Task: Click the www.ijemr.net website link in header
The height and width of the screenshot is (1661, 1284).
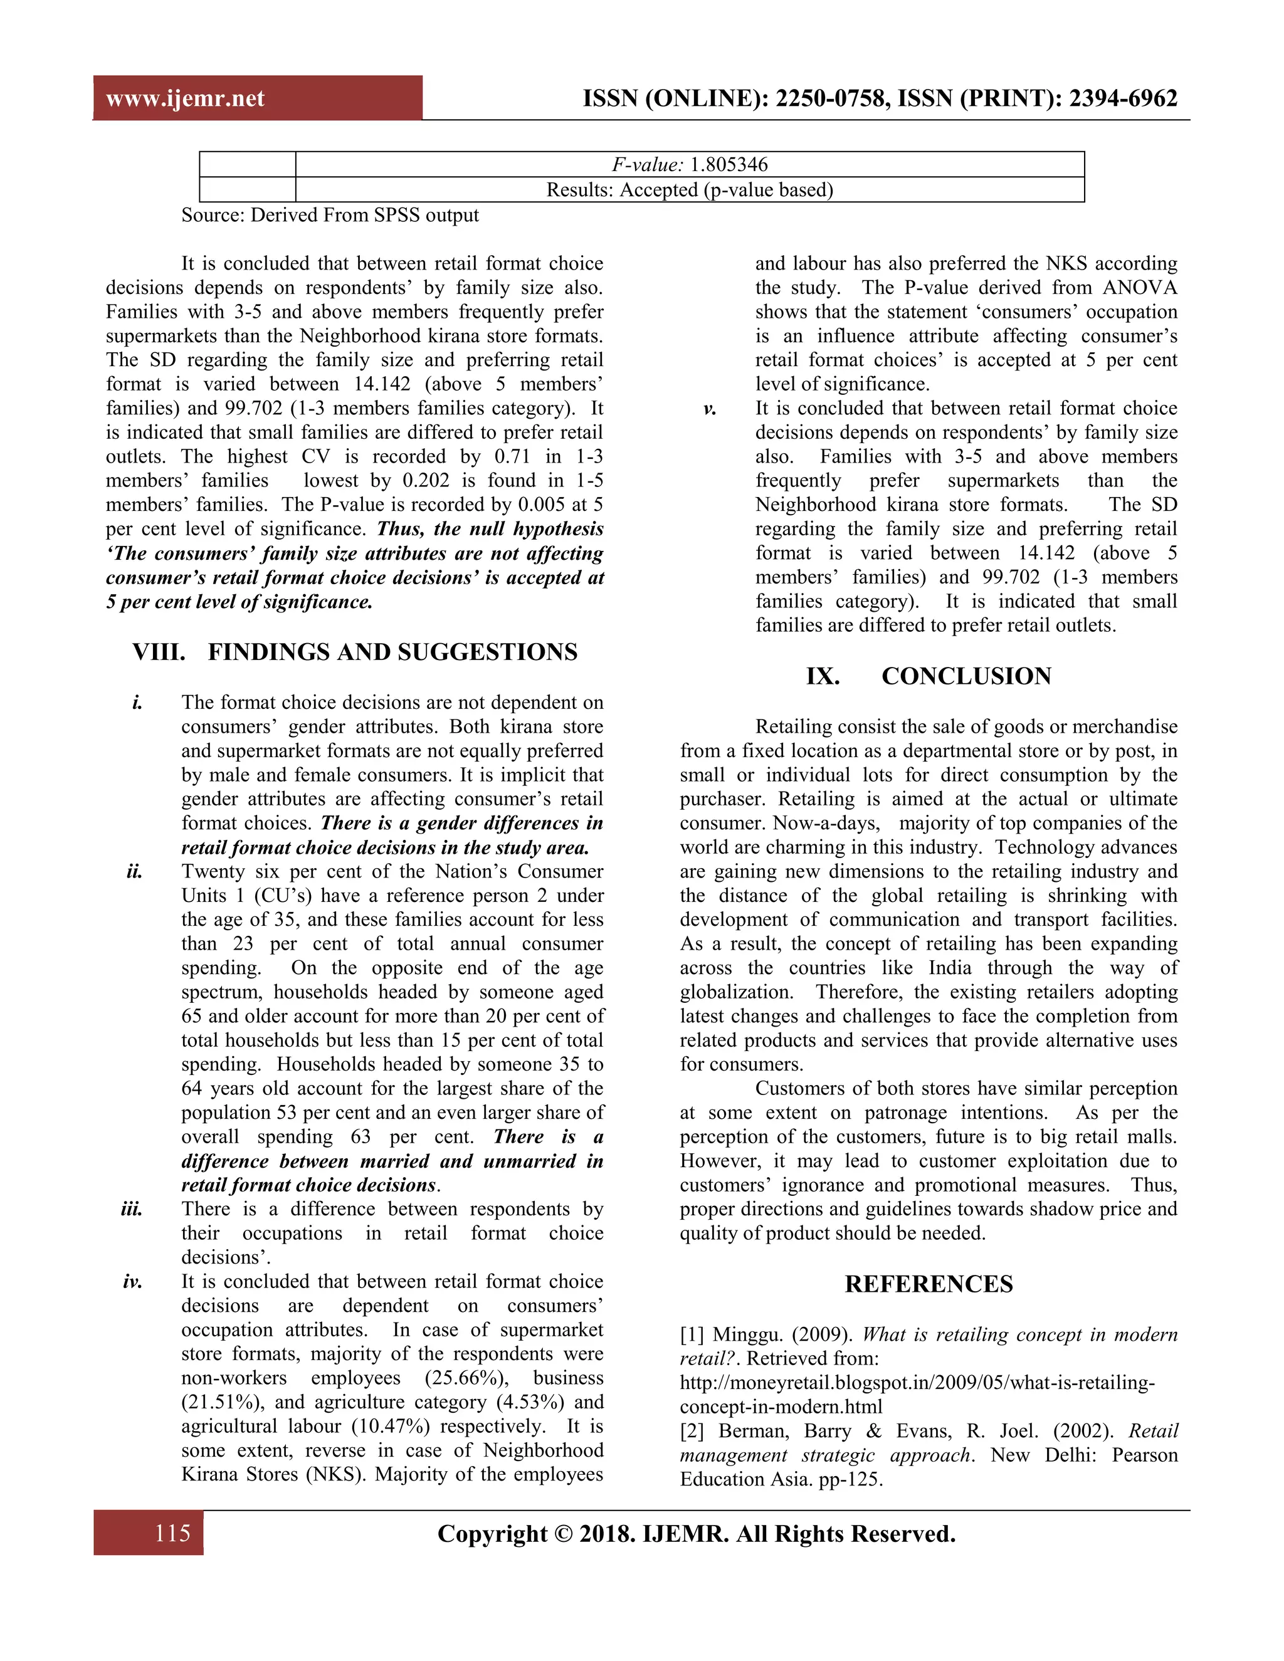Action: coord(185,99)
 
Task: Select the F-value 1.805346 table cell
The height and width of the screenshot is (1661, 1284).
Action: coord(689,164)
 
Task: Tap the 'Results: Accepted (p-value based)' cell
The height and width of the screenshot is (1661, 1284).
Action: coord(689,189)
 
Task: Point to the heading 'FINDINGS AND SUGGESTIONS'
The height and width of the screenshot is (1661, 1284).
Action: coord(392,652)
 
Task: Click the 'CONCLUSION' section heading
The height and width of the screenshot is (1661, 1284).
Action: coord(966,676)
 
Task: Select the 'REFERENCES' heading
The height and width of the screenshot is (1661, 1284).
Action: coord(928,1284)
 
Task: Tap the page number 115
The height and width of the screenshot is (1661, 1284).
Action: coord(172,1533)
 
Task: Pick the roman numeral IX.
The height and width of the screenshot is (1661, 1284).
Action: coord(823,676)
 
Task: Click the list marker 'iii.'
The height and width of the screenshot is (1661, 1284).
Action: coord(132,1209)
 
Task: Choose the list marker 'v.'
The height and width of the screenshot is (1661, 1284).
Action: coord(709,409)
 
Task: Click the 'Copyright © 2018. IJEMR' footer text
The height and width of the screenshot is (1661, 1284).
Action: coord(696,1533)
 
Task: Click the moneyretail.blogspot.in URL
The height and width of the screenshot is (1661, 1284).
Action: coord(917,1383)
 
